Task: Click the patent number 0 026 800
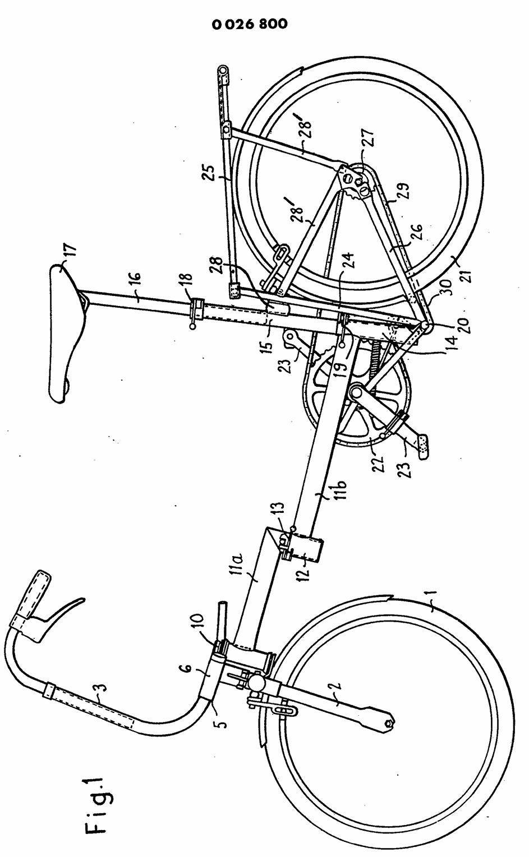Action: tap(250, 24)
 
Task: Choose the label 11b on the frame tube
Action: tap(322, 493)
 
